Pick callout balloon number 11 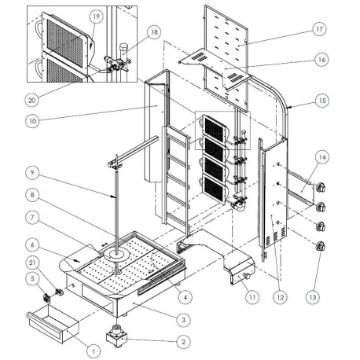[252, 298]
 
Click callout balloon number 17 [319, 29]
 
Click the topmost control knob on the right [323, 187]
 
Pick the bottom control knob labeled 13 [321, 247]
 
